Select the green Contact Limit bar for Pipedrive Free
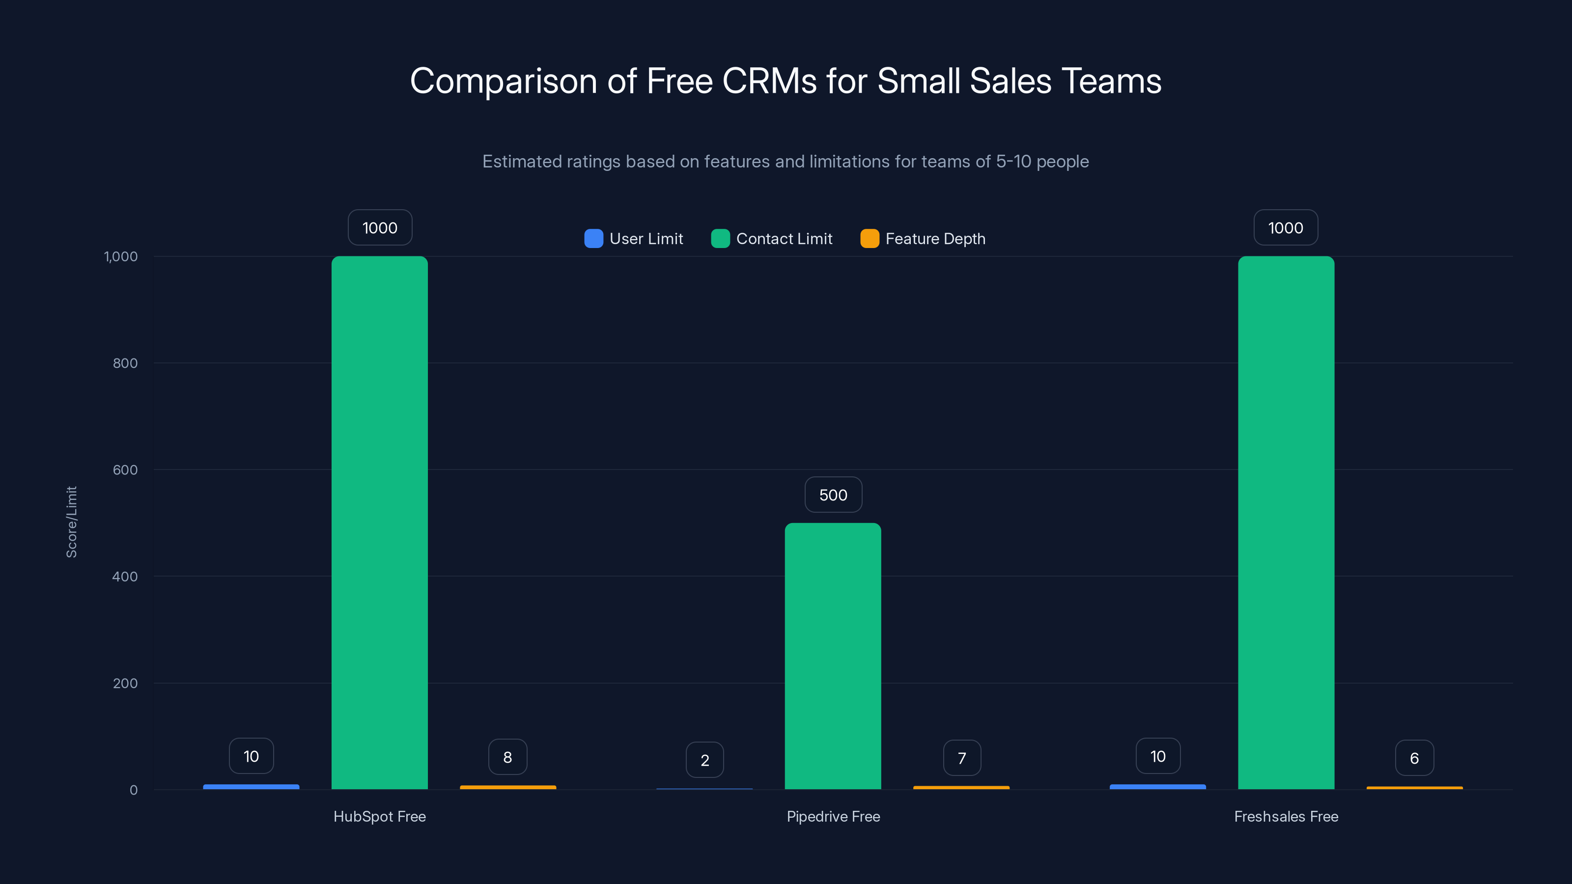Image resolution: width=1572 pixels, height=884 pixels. click(x=833, y=656)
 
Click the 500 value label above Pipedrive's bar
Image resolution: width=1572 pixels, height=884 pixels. click(x=833, y=495)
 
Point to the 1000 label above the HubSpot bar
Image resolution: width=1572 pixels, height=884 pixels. click(x=380, y=227)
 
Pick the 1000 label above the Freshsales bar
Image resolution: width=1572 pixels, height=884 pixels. click(x=1286, y=227)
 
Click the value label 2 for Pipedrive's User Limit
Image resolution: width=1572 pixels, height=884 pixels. click(x=705, y=760)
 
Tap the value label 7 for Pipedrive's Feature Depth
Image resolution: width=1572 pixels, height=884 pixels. click(x=962, y=758)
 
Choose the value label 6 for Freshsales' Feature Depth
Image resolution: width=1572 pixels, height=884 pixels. click(x=1414, y=758)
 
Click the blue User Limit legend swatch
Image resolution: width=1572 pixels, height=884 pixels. click(x=593, y=239)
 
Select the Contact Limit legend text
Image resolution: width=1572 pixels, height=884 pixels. click(x=784, y=239)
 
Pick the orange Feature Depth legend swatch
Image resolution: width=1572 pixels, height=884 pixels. click(x=869, y=239)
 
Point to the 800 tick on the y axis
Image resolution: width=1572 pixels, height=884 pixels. click(x=125, y=363)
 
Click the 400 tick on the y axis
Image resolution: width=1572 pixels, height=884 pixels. click(x=125, y=577)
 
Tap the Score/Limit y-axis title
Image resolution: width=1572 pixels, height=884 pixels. click(x=71, y=522)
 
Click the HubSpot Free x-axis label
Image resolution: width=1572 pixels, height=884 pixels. click(x=380, y=816)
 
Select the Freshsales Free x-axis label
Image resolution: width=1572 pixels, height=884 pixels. click(x=1286, y=816)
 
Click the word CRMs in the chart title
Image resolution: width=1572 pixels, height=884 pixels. click(x=769, y=81)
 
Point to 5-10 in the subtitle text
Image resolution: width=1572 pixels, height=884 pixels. click(x=1013, y=162)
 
